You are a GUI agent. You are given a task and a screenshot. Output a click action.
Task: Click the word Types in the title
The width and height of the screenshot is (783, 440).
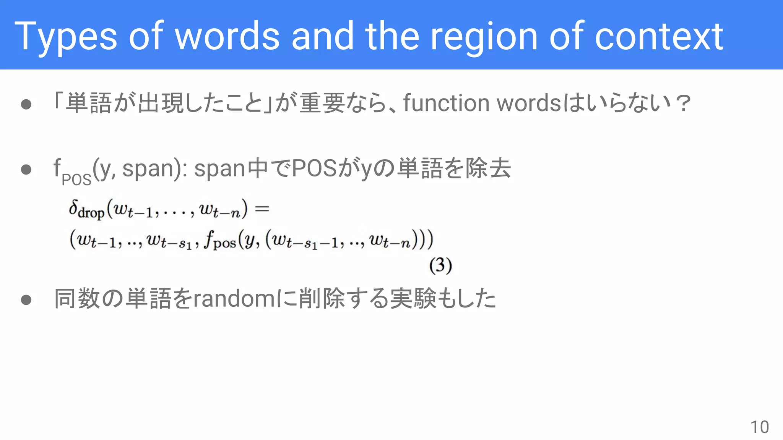pos(65,36)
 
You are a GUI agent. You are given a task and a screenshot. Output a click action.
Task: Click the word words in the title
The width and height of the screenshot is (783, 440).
pos(227,36)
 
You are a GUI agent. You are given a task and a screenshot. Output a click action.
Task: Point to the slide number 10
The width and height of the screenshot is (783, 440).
pos(759,427)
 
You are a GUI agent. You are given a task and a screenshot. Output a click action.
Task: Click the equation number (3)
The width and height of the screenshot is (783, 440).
pos(440,265)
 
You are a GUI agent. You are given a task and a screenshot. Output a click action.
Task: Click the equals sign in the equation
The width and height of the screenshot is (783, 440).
pos(262,209)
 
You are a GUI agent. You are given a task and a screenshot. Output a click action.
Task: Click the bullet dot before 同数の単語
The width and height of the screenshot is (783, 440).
pos(26,300)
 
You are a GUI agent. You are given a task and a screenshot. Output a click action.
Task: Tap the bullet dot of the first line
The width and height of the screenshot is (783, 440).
pos(26,104)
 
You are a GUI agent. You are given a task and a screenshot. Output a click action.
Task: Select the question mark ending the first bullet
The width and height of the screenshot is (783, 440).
pos(683,103)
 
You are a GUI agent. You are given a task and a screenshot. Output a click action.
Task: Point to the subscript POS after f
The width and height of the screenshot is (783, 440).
pos(76,180)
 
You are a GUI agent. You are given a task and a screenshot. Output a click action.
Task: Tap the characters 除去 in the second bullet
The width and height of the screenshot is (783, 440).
pos(488,168)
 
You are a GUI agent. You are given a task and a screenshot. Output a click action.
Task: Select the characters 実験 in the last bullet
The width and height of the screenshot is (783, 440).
pos(413,299)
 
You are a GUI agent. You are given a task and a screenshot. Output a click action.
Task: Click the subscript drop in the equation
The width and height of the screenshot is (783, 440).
pos(91,213)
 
